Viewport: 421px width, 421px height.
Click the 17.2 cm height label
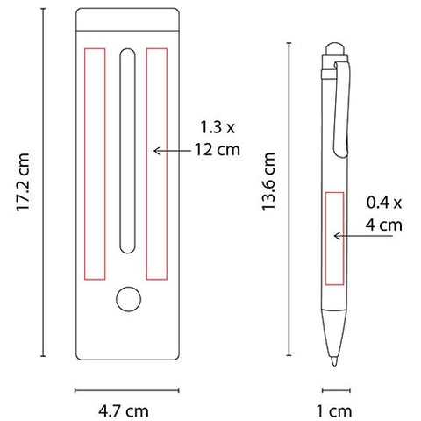pos(23,182)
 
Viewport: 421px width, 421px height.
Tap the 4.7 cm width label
pos(124,411)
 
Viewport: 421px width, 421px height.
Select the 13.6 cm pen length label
pos(268,181)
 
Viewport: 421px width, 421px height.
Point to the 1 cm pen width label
pos(334,411)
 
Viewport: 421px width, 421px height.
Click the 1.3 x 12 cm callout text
pos(218,139)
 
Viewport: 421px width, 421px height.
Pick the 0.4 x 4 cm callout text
pos(384,214)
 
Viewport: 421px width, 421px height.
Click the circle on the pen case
pos(128,299)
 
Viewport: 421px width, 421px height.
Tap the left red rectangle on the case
pos(95,164)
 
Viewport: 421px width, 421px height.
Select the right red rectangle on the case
pos(157,164)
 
